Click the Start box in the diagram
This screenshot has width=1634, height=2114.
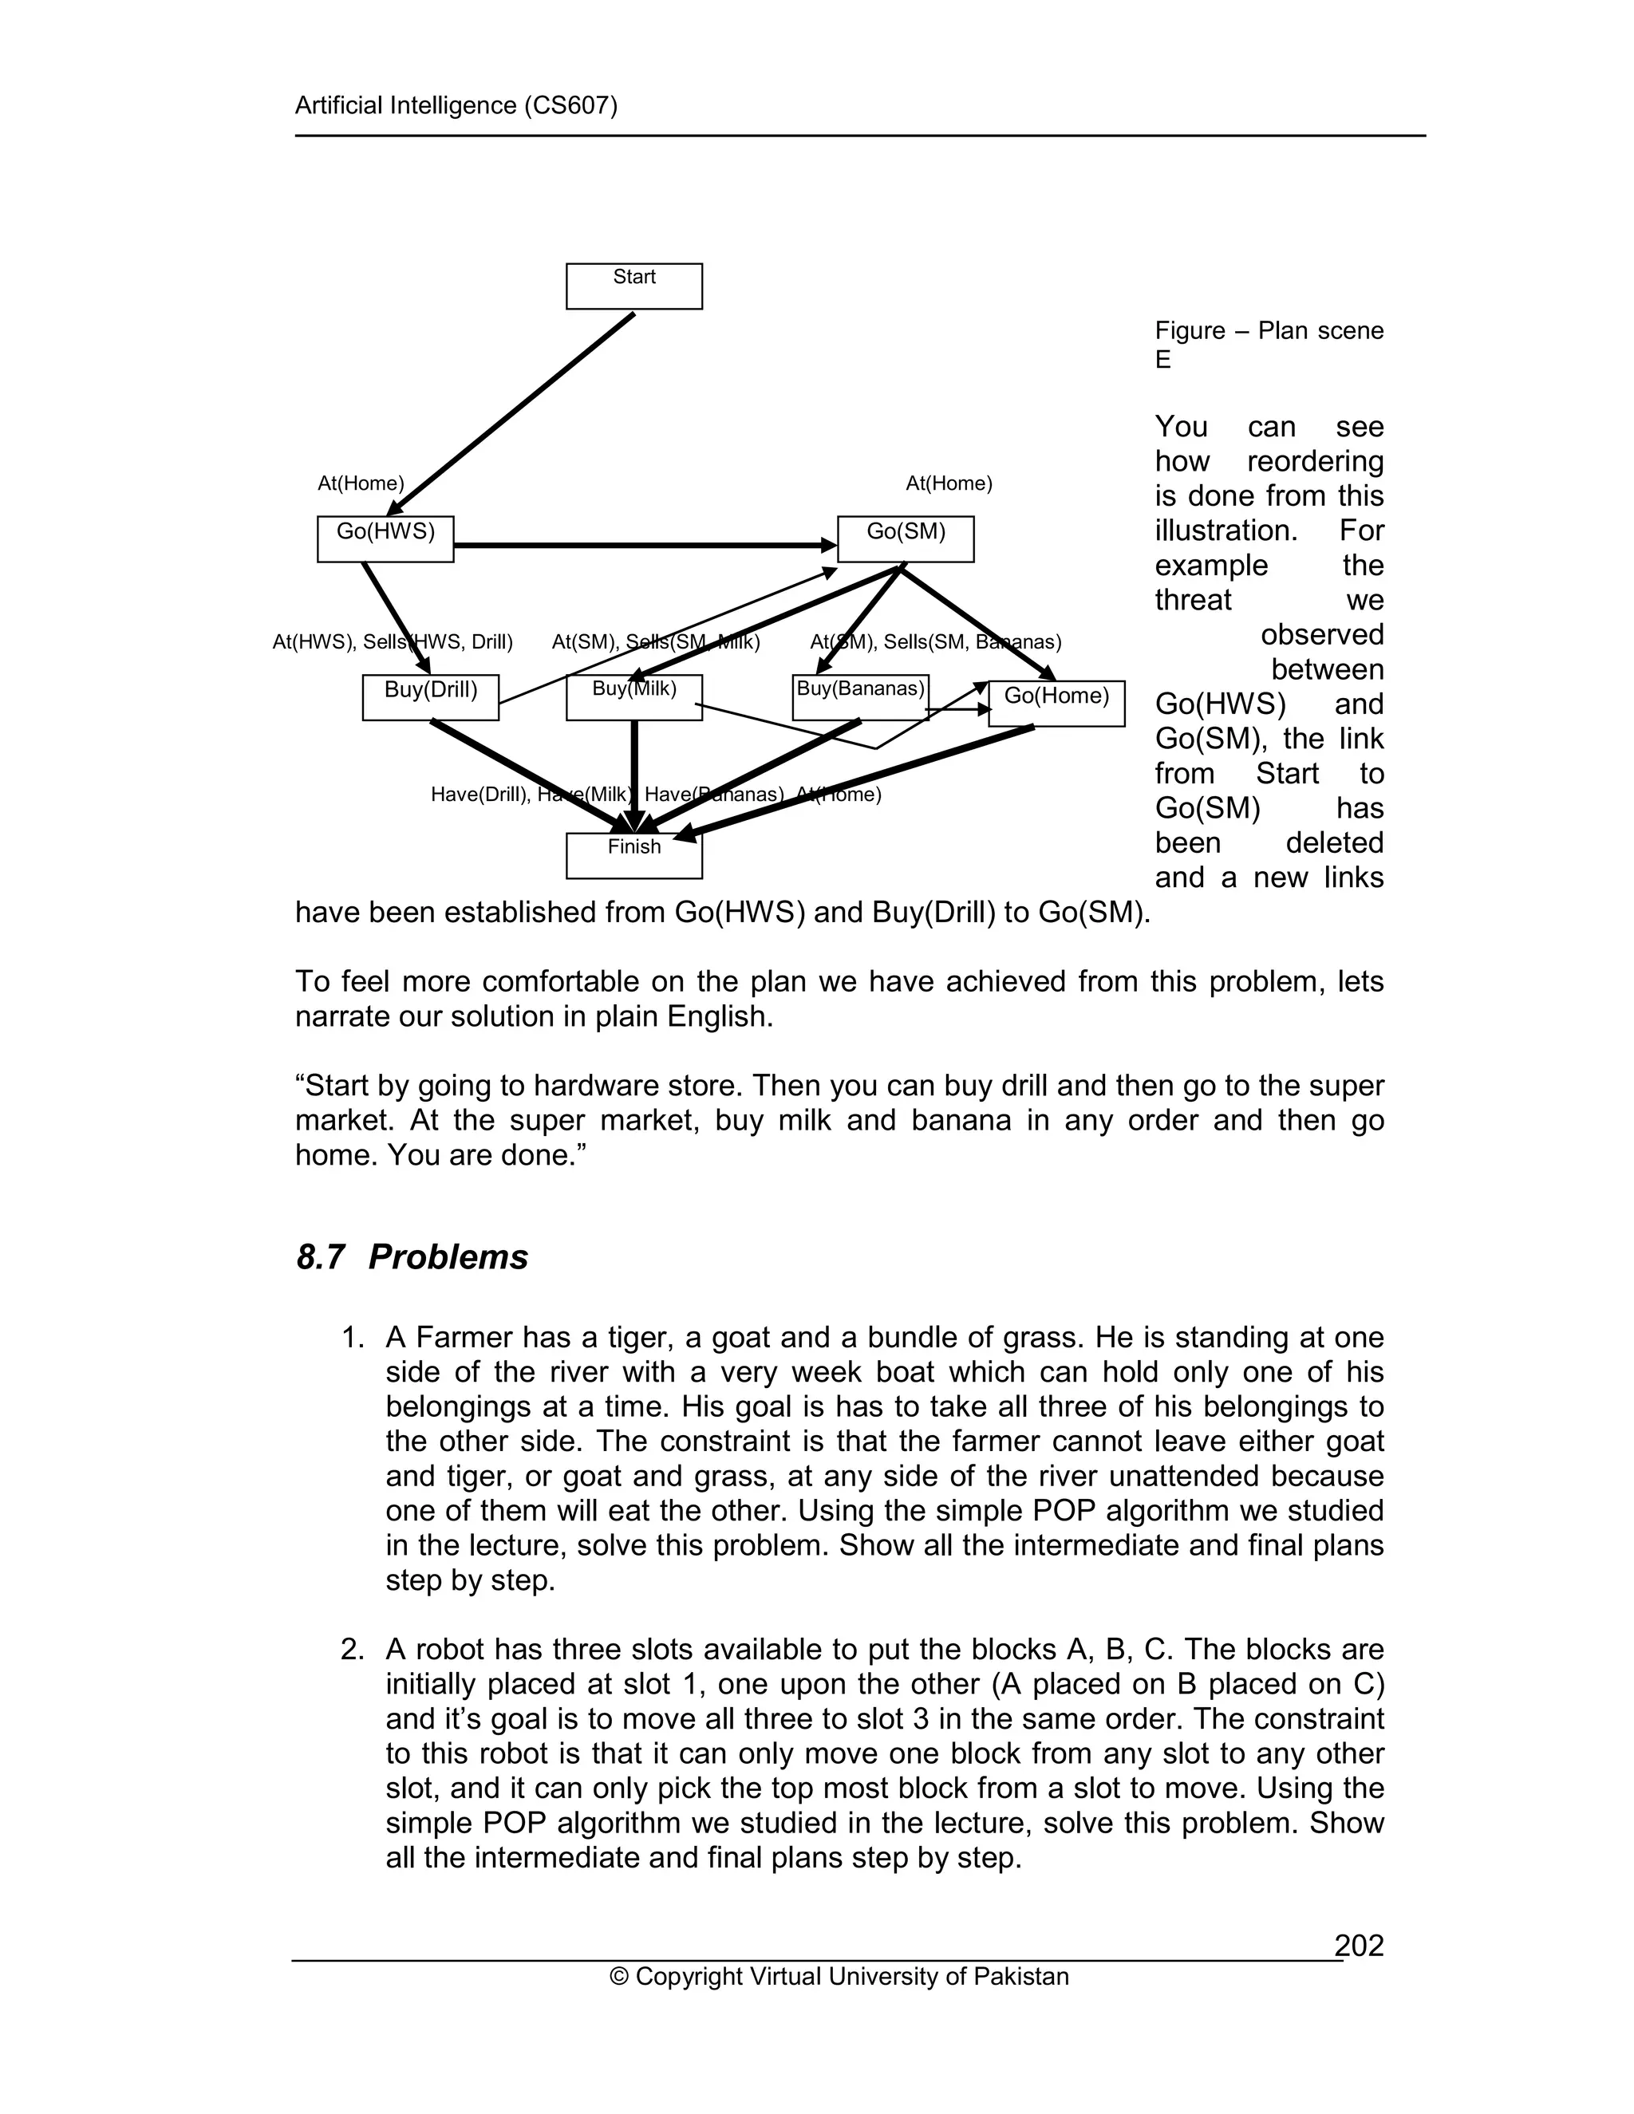click(x=634, y=286)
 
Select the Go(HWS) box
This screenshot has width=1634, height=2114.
click(x=385, y=539)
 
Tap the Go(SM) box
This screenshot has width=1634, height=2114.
click(x=905, y=539)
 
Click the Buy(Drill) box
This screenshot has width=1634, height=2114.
click(x=431, y=697)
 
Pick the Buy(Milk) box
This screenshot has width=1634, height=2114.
click(x=634, y=697)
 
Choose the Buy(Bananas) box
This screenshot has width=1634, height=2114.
click(x=859, y=697)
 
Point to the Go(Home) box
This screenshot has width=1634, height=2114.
click(x=1056, y=703)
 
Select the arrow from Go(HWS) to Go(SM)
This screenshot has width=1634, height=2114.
click(x=644, y=546)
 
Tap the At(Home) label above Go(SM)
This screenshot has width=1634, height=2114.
click(x=949, y=483)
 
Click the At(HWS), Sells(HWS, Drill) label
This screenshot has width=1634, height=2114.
click(x=392, y=641)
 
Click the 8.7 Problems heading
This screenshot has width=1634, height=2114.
click(x=412, y=1256)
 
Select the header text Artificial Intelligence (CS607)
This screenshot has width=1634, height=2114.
click(x=456, y=105)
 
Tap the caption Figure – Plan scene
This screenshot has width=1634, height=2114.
click(x=1268, y=331)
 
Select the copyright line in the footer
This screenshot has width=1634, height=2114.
click(x=839, y=1975)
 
